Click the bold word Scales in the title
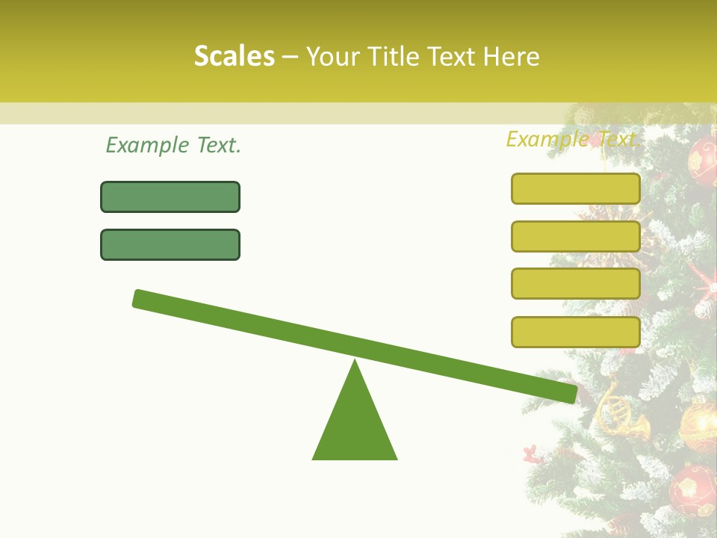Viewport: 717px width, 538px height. pos(235,56)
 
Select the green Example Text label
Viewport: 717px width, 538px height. pos(173,145)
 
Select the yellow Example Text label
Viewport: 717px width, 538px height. pos(572,139)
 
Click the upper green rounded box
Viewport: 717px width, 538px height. pos(170,197)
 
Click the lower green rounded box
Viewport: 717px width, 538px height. pos(170,244)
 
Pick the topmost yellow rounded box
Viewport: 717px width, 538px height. pos(576,188)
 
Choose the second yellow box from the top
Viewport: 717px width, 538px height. pos(576,236)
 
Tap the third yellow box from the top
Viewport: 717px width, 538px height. pos(576,284)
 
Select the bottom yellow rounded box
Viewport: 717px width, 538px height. pos(576,332)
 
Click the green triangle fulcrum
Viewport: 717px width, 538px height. pos(355,426)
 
